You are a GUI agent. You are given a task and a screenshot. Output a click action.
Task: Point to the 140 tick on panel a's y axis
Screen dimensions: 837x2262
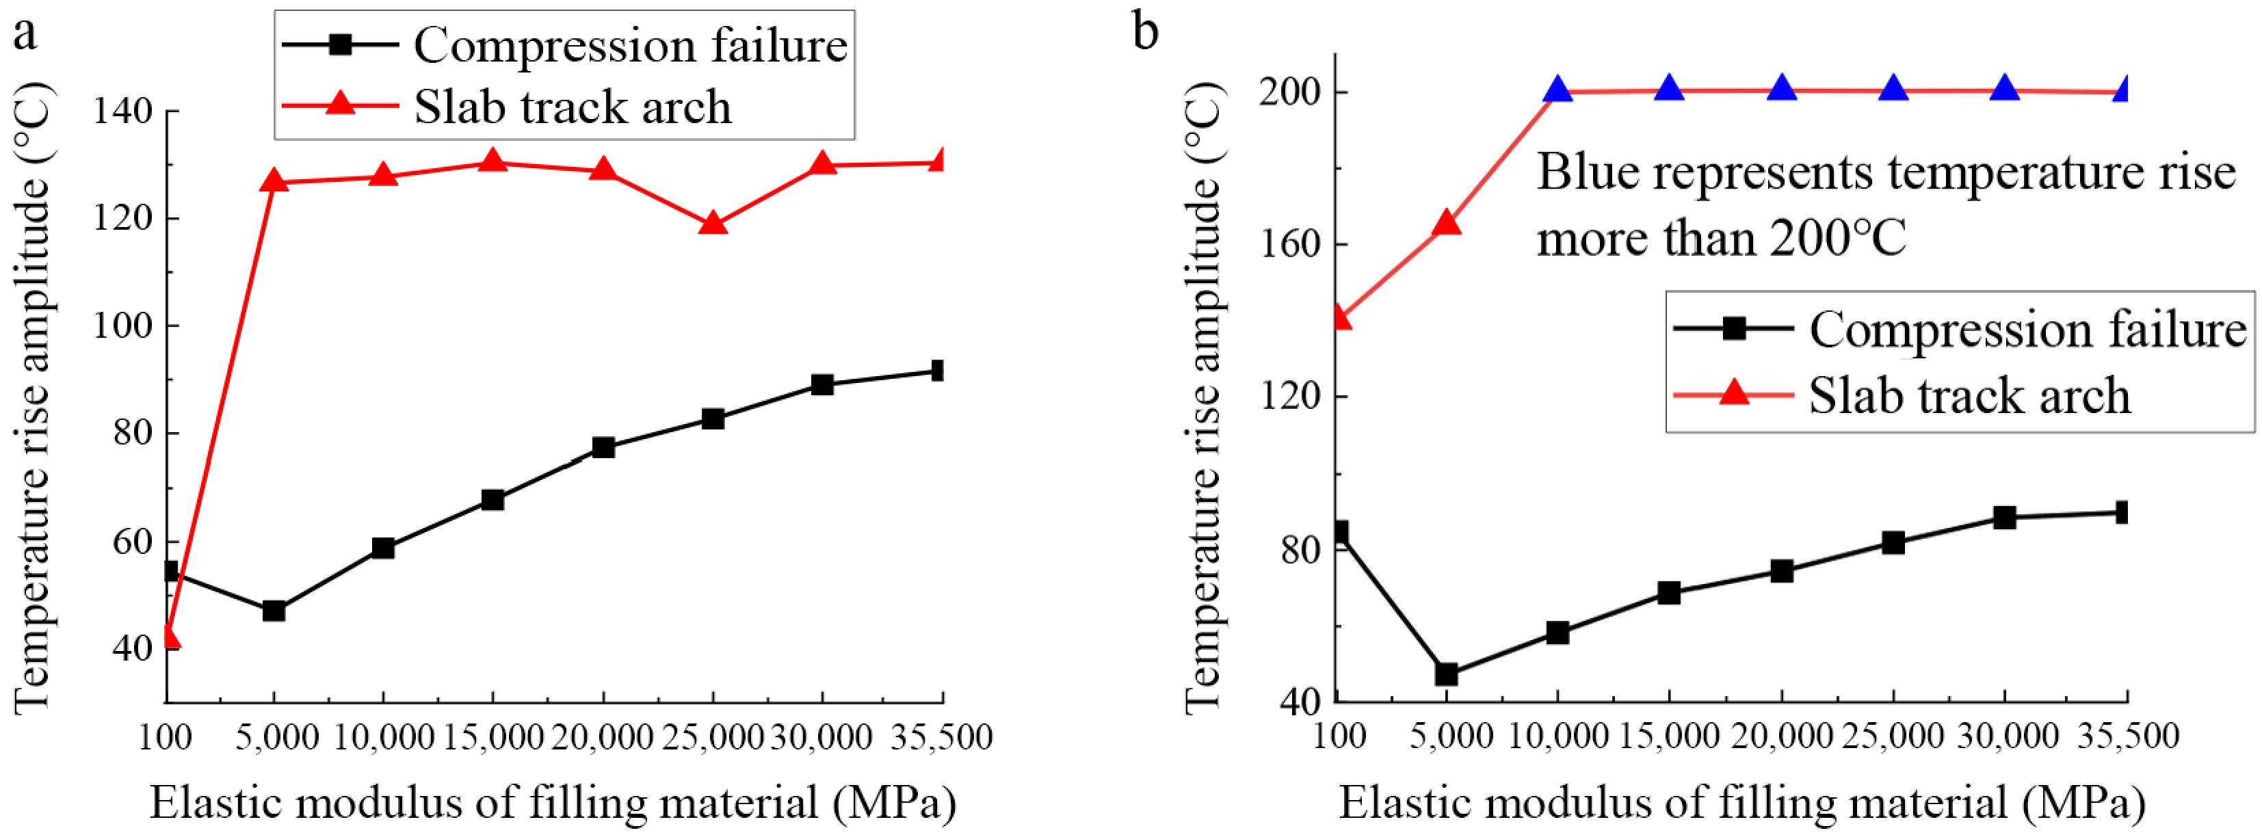[123, 111]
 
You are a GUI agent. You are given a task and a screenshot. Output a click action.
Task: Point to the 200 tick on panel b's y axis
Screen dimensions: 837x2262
[1291, 92]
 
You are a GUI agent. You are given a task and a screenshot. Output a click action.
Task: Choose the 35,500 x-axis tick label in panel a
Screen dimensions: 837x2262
[941, 736]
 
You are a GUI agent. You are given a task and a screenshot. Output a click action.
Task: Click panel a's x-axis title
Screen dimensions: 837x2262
[553, 802]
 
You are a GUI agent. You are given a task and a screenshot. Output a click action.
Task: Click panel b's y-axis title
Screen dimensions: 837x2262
[1204, 395]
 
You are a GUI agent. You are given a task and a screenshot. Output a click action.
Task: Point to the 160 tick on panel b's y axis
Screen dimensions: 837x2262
[1291, 243]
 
